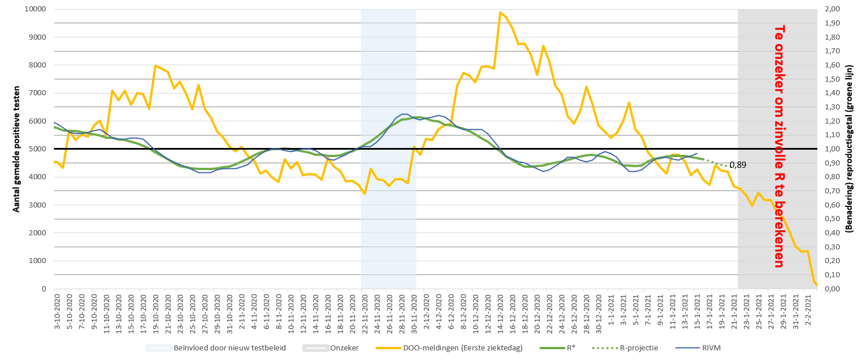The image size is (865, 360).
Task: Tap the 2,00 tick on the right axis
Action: click(832, 9)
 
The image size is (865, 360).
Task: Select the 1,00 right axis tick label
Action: click(832, 149)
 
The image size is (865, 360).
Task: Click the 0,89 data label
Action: click(737, 165)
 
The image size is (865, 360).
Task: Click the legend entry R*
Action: click(568, 348)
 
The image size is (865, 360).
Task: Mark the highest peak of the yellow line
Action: click(500, 12)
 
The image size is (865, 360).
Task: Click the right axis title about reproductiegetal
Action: click(850, 149)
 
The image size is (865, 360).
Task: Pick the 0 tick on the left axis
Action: click(44, 289)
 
